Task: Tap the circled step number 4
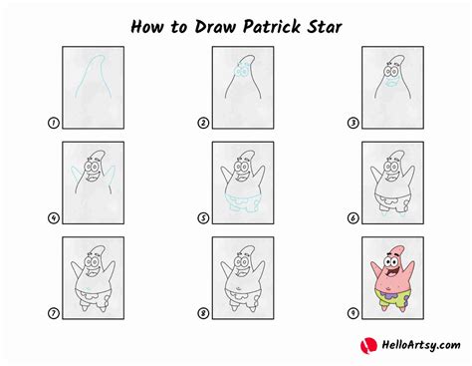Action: click(x=51, y=217)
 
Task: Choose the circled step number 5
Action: click(x=203, y=217)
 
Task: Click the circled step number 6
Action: click(x=352, y=217)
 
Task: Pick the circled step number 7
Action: click(x=51, y=313)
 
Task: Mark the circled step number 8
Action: click(x=203, y=313)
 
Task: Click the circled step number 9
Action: click(x=352, y=313)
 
